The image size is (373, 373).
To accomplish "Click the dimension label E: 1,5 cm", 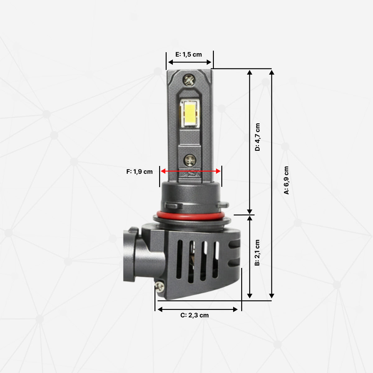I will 189,54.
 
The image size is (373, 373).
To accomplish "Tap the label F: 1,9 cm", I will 140,172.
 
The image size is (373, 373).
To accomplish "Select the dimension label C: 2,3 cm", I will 195,315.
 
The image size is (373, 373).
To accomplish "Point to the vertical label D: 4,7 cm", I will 257,137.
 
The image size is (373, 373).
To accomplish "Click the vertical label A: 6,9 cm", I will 286,180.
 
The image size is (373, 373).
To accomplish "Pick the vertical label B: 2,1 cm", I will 257,253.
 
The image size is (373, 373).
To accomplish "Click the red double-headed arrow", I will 191,171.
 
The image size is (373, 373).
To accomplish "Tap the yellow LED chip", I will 189,113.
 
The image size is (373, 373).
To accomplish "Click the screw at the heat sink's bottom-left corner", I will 160,286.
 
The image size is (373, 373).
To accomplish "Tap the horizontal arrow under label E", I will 189,62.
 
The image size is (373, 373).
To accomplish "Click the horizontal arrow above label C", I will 198,309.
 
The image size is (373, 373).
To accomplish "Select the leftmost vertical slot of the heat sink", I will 179,259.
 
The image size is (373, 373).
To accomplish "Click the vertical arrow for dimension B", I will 250,256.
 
